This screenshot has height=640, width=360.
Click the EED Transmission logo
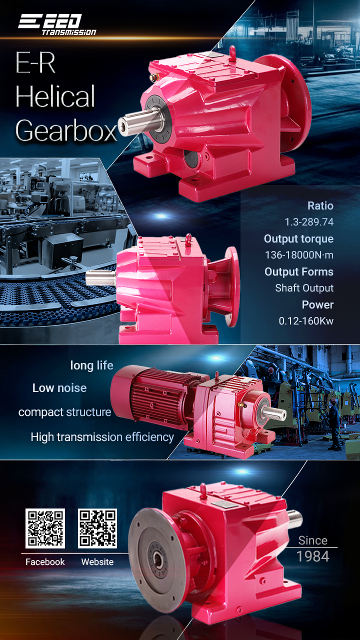pos(57,24)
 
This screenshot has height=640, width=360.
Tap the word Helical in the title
pos(55,96)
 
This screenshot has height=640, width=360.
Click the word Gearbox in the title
pos(66,131)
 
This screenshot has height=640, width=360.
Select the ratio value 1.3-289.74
pos(309,222)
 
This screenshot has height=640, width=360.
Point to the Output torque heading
pos(298,239)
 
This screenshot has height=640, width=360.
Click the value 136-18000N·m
pos(299,255)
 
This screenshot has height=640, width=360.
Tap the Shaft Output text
pos(304,288)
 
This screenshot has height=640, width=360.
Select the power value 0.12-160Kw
pos(306,321)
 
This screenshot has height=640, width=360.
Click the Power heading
pos(317,304)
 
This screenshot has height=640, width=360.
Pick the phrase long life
pos(91,365)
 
